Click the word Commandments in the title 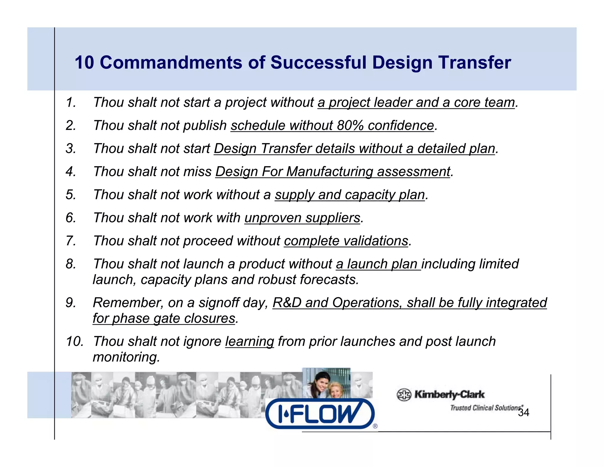(171, 63)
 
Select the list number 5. (71, 195)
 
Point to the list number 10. (74, 342)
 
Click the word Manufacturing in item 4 (329, 172)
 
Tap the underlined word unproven (273, 218)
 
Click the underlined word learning (250, 342)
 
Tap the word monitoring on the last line (126, 357)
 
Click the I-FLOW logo (320, 413)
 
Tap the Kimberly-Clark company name (449, 394)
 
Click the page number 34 (523, 413)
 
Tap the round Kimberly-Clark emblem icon (404, 395)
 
